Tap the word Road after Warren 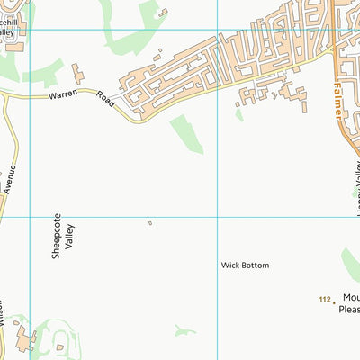pos(102,101)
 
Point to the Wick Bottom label pos(245,265)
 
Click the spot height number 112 pos(325,298)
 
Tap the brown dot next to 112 pos(335,300)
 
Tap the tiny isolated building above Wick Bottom pos(150,223)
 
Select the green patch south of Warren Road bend pos(187,133)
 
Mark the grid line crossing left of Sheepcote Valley pos(31,217)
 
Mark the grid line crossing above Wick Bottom pos(218,217)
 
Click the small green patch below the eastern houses pos(238,114)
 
